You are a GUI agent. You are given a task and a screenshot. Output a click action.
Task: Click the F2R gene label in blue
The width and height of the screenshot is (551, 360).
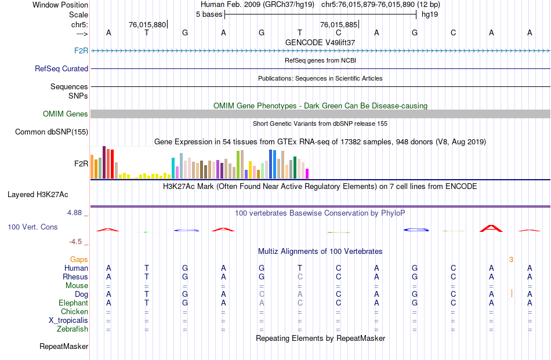click(x=81, y=50)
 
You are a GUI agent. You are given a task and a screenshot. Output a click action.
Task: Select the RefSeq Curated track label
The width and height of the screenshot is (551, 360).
click(x=61, y=68)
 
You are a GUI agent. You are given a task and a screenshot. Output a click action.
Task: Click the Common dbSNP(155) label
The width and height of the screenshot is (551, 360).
click(x=52, y=132)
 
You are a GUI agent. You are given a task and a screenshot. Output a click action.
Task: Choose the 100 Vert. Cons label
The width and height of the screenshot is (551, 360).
click(x=32, y=227)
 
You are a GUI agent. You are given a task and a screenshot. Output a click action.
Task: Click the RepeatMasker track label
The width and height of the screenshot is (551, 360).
click(x=64, y=346)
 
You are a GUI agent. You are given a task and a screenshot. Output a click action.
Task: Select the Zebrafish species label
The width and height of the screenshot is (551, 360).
click(x=72, y=329)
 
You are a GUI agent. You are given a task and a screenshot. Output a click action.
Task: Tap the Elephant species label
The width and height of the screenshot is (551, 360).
click(x=73, y=303)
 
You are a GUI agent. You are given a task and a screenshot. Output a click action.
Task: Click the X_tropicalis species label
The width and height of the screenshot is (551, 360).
click(x=68, y=320)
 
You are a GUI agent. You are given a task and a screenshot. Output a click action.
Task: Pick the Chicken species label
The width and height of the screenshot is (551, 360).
click(x=74, y=311)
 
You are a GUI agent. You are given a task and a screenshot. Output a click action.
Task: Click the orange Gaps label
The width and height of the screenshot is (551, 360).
click(x=79, y=259)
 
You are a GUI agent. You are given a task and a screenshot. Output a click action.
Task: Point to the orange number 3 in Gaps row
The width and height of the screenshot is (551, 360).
click(x=511, y=259)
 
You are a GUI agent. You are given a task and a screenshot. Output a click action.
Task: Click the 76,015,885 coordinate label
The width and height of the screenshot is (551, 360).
click(x=339, y=24)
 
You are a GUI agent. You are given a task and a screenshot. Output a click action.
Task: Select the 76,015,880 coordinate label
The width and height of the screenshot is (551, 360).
click(x=147, y=24)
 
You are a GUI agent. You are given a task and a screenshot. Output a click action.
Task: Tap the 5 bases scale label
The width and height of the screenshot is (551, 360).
click(x=209, y=14)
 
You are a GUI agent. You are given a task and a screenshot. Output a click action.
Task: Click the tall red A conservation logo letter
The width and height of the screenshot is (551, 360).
click(x=491, y=228)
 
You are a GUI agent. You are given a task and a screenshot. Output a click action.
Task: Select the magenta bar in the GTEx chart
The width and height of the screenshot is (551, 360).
click(x=307, y=173)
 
